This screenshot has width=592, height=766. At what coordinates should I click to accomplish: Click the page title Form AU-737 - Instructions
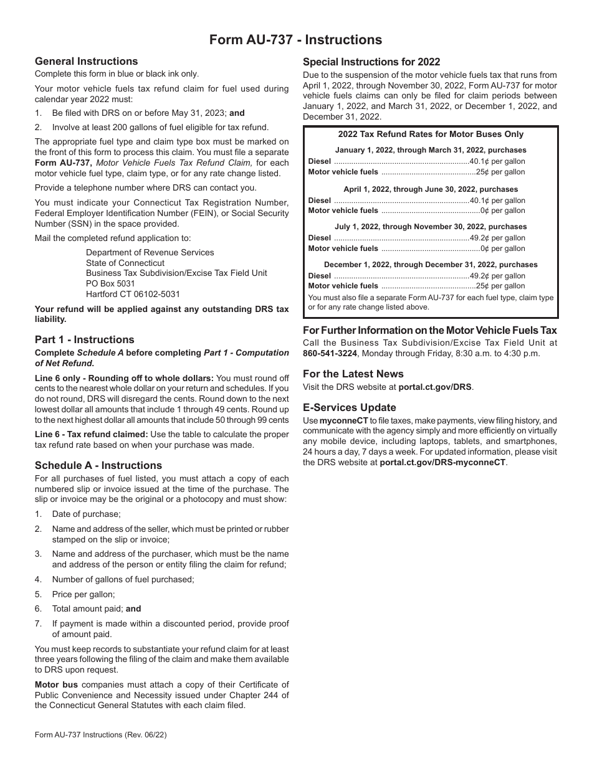pyautogui.click(x=295, y=40)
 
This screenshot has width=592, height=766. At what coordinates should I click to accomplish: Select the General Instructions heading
pyautogui.click(x=86, y=61)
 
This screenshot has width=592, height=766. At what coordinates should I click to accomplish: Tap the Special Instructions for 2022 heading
pyautogui.click(x=371, y=62)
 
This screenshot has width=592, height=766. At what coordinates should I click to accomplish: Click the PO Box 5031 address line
pyautogui.click(x=110, y=283)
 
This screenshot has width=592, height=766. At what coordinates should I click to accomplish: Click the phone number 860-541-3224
pyautogui.click(x=330, y=353)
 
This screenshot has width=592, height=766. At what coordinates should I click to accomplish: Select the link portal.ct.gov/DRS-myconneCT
pyautogui.click(x=443, y=462)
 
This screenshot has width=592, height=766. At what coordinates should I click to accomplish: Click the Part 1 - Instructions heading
pyautogui.click(x=84, y=339)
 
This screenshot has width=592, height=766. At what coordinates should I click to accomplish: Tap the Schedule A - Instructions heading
pyautogui.click(x=98, y=465)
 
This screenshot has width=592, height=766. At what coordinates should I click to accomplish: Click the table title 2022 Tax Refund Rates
pyautogui.click(x=431, y=134)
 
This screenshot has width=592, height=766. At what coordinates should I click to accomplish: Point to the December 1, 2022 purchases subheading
pyautogui.click(x=431, y=265)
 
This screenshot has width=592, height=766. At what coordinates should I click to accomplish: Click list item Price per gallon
pyautogui.click(x=84, y=594)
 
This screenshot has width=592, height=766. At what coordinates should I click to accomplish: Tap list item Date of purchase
pyautogui.click(x=86, y=514)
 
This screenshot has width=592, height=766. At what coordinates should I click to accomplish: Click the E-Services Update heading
pyautogui.click(x=349, y=407)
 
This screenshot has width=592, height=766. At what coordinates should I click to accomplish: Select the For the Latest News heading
pyautogui.click(x=353, y=374)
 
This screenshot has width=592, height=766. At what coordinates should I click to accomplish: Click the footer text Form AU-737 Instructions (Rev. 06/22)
pyautogui.click(x=100, y=735)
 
